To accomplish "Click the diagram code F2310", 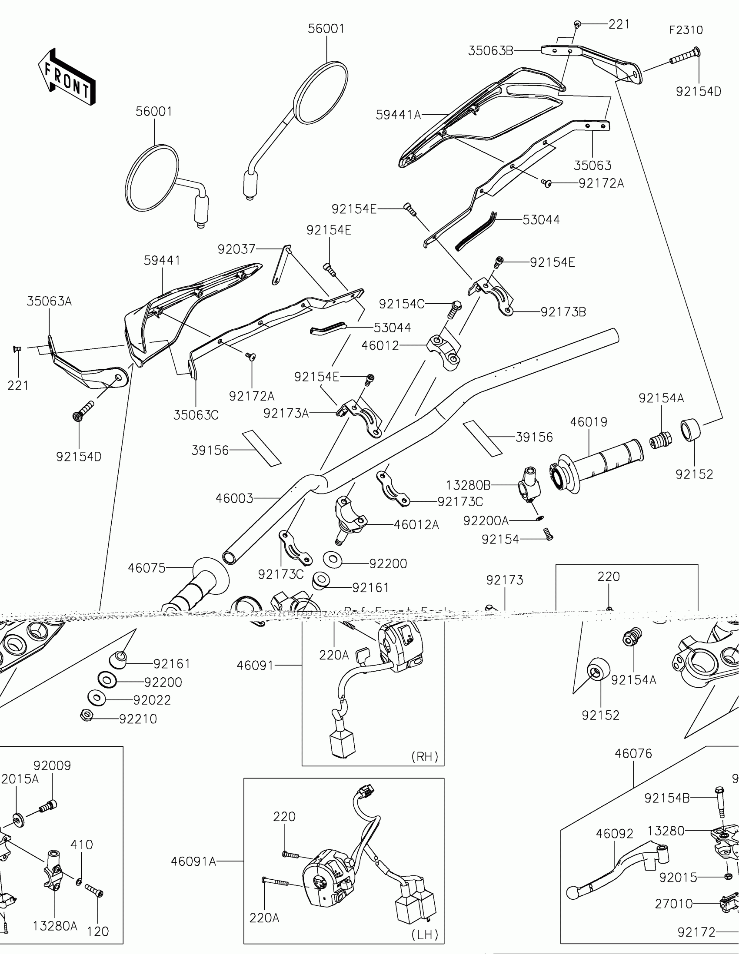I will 686,30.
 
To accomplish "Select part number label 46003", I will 234,498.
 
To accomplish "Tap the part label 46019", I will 589,422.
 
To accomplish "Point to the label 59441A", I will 398,115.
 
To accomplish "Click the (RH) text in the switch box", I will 425,757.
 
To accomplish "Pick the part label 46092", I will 614,834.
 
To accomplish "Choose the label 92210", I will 138,719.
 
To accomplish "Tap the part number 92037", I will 236,249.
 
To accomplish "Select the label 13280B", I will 468,485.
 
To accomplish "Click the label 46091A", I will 193,861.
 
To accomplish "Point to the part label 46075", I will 147,568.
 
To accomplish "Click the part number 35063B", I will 491,51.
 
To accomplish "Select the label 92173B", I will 563,312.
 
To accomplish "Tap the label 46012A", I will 416,525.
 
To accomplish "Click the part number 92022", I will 152,700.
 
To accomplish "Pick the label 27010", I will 673,904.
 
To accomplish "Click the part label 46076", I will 633,753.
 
